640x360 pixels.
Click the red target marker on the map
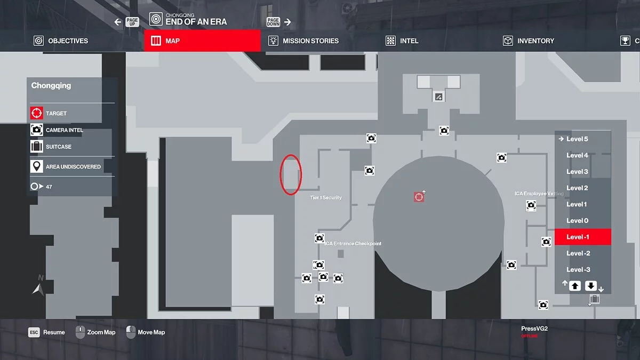(x=419, y=197)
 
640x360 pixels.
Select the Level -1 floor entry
(x=582, y=237)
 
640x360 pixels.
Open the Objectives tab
(x=61, y=41)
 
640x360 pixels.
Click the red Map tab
(x=203, y=41)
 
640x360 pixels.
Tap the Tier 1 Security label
(x=326, y=198)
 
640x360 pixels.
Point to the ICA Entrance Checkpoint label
(x=354, y=244)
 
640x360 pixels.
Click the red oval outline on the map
(x=291, y=174)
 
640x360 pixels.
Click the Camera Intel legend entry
(x=65, y=130)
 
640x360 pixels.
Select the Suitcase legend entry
(x=59, y=147)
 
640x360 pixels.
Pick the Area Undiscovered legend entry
(x=73, y=167)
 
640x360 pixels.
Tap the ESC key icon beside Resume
(x=34, y=332)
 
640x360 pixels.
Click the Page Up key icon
(x=132, y=22)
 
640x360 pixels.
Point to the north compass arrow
(x=37, y=289)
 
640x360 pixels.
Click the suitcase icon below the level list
(x=595, y=300)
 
